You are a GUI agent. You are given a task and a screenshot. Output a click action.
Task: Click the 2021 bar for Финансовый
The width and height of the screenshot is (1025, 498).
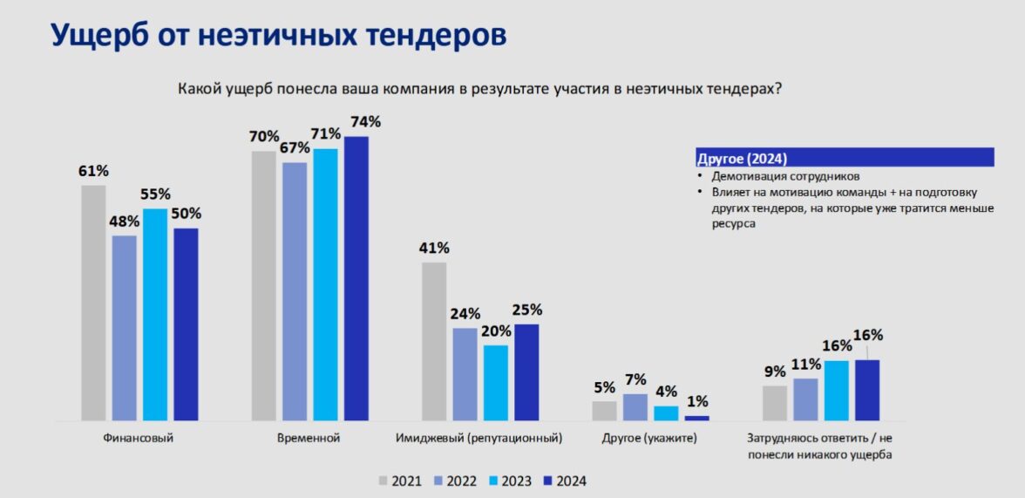point(93,303)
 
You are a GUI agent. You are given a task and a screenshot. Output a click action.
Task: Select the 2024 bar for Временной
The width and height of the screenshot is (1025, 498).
point(356,278)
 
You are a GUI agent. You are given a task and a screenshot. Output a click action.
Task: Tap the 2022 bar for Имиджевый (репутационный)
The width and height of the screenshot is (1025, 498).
point(465,374)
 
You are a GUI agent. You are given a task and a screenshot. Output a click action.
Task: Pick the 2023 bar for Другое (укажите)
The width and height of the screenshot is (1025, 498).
point(666,413)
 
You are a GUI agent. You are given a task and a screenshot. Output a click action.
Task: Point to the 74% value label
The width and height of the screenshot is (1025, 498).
point(363,121)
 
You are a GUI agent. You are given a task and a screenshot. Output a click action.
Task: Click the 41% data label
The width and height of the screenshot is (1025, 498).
point(433,247)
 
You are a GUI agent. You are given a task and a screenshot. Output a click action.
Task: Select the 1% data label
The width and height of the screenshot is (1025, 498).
point(697,401)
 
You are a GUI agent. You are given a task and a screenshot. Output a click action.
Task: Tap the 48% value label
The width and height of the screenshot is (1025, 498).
point(125,221)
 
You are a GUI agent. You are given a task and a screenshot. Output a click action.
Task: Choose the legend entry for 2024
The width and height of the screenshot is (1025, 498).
point(566,481)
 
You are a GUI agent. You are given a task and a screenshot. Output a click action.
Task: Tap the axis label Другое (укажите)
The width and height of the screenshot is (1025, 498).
point(649,438)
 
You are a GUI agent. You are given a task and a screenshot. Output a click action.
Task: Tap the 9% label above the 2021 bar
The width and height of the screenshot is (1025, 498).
point(775,371)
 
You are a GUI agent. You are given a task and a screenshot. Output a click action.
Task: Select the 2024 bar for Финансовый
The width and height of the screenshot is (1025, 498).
point(186,324)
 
